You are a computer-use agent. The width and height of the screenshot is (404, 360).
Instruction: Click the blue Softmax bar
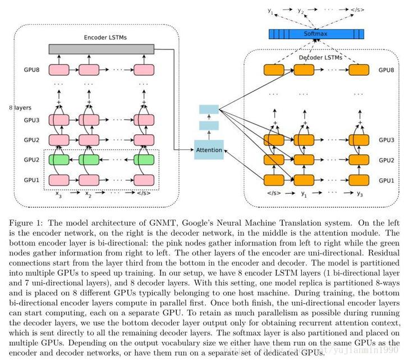pos(314,34)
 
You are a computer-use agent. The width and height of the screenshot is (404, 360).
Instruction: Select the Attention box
pos(209,150)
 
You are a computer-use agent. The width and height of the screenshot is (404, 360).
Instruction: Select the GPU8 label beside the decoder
pos(386,70)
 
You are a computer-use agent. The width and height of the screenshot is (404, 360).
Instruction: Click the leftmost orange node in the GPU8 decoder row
pos(275,70)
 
